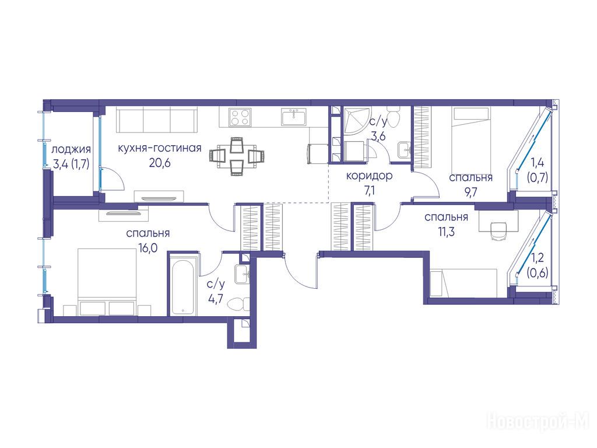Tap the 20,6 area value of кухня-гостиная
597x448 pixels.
[x=160, y=163]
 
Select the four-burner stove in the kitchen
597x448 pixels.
[x=240, y=117]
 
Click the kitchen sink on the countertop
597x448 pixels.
[x=294, y=117]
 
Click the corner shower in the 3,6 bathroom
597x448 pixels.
[x=356, y=120]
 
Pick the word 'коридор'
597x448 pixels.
[x=369, y=176]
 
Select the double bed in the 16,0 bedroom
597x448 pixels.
[x=107, y=282]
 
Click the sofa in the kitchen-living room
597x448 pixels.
[x=157, y=120]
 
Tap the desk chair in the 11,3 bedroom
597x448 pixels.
[x=498, y=231]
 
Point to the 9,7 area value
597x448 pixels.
[x=470, y=192]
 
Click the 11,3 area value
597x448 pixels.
[x=446, y=232]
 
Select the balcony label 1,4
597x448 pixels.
[x=537, y=163]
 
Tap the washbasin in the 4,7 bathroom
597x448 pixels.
[x=242, y=274]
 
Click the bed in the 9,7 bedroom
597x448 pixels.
[x=470, y=140]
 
